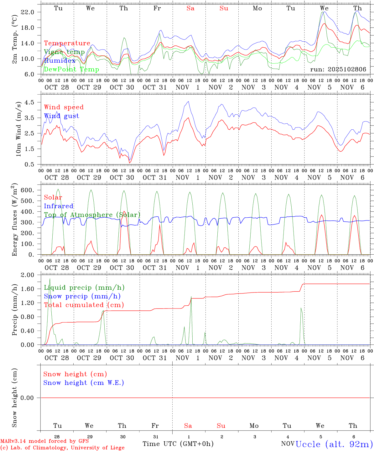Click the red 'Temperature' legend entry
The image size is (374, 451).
[67, 43]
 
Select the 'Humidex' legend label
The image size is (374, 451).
[60, 61]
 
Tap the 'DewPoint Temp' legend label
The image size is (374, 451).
[71, 70]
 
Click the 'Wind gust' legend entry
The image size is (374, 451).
[61, 116]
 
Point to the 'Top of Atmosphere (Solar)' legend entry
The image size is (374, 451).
[92, 215]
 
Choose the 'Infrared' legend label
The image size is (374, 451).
[59, 206]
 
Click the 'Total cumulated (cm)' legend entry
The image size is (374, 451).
[84, 305]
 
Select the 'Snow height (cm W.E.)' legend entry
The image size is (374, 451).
[84, 383]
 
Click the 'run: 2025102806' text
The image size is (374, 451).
[338, 70]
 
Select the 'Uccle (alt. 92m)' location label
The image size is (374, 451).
[334, 444]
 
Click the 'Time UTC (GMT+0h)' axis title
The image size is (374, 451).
[178, 444]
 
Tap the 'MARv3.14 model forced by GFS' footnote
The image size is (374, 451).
[44, 441]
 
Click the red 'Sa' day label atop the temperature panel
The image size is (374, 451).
[190, 8]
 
